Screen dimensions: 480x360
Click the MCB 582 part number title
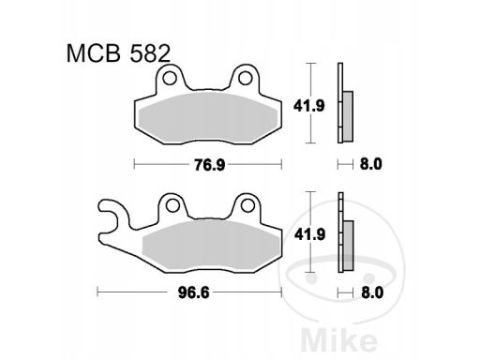tap(118, 53)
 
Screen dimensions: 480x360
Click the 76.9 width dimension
tap(209, 165)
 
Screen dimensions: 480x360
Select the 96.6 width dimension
tap(194, 292)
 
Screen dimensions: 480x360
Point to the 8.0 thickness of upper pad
tap(370, 164)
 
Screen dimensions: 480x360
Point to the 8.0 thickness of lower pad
tap(372, 292)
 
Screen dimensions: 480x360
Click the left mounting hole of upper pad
tap(170, 78)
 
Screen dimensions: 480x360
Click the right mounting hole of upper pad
tap(245, 78)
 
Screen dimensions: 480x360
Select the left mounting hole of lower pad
tap(172, 206)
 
